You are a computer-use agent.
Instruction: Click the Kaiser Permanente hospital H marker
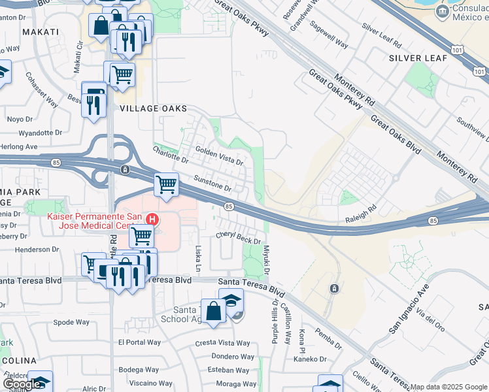(152, 219)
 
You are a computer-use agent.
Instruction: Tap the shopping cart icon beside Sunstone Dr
(167, 184)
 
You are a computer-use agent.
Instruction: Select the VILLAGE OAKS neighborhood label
(153, 108)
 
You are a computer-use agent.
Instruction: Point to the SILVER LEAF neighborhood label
(418, 58)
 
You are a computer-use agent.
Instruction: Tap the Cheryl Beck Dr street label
(239, 238)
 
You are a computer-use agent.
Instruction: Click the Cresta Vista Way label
(223, 343)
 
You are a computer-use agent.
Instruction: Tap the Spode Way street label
(71, 322)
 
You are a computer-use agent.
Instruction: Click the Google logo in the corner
(22, 384)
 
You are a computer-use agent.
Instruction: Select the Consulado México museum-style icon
(443, 11)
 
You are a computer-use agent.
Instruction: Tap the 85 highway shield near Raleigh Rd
(434, 221)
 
